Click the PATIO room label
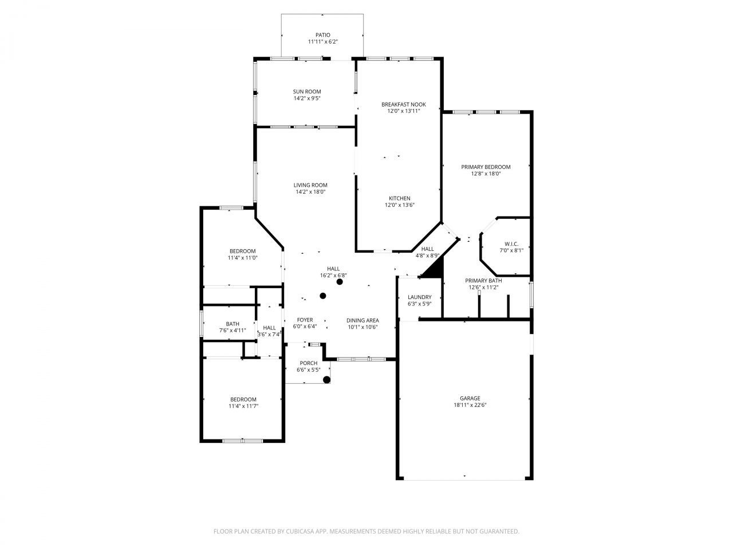point(322,35)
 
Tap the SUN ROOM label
point(307,92)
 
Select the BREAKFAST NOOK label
point(403,104)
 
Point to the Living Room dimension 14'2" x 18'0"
point(310,192)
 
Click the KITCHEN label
point(399,198)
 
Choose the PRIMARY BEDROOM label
point(486,167)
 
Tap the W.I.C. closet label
point(511,243)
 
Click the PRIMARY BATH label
point(483,281)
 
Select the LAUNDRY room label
point(419,297)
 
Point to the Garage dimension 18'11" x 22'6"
point(470,405)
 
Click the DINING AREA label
point(362,320)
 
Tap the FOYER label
point(305,320)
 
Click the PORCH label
point(308,363)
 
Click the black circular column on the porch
point(326,379)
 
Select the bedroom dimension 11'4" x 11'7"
point(243,406)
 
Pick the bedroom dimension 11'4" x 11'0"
point(243,258)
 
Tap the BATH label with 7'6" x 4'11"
point(232,324)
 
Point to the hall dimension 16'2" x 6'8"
point(333,276)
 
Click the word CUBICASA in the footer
point(298,532)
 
